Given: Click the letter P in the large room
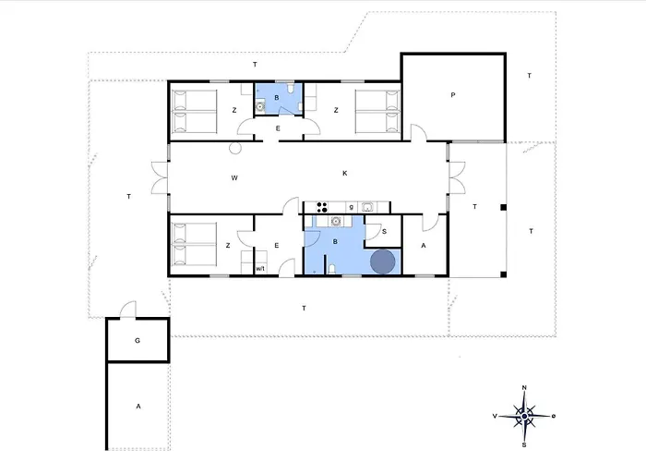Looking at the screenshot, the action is (x=453, y=95).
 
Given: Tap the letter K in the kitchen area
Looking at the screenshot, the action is (x=345, y=174).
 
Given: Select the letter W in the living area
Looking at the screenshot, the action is (x=234, y=178).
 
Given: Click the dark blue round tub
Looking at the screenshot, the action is (x=383, y=261).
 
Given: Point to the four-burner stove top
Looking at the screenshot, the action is (x=322, y=207).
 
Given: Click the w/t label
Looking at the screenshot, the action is (x=260, y=269).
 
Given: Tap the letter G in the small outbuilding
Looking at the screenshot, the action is (x=138, y=341).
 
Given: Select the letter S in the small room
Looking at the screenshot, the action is (x=385, y=231).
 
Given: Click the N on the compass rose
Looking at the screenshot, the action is (x=524, y=388).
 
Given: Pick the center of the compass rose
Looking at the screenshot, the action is (x=524, y=416).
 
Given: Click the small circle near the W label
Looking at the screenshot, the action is (x=235, y=148).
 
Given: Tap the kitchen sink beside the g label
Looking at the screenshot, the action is (x=367, y=207).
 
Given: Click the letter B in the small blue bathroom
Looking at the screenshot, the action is (x=277, y=98).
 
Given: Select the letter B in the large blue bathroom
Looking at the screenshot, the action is (x=335, y=242).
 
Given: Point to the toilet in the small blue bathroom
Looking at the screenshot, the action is (x=291, y=89).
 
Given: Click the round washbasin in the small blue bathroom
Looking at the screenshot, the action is (x=260, y=107).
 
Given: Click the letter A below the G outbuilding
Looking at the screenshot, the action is (x=138, y=407).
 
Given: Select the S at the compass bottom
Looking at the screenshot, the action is (x=524, y=445).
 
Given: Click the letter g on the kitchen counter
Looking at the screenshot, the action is (x=351, y=207).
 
